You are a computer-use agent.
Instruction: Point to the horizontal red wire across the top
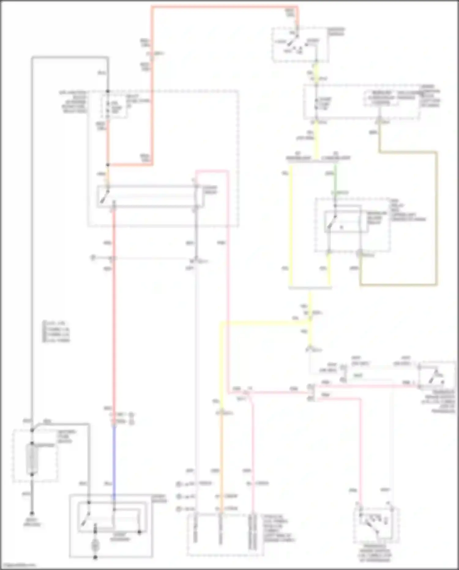225,7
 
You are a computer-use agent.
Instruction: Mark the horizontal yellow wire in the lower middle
263,322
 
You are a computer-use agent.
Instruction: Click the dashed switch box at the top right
300,45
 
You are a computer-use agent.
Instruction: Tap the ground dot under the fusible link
32,513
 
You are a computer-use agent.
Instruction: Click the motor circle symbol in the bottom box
95,545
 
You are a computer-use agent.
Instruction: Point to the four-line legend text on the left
57,331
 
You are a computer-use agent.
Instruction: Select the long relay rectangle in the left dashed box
149,196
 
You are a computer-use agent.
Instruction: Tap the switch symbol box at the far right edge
437,375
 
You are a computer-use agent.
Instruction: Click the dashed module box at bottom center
225,535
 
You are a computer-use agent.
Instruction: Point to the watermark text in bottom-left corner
18,565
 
